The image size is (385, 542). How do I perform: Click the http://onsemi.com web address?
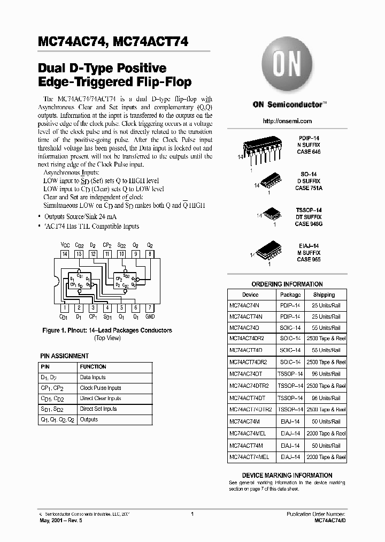tap(287, 122)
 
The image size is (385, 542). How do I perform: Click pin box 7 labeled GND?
tap(150, 308)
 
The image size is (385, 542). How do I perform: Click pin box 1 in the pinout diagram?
tap(65, 308)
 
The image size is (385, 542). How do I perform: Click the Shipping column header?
tap(324, 295)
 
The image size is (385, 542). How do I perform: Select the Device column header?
tap(250, 295)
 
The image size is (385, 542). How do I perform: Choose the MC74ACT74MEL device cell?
tap(249, 457)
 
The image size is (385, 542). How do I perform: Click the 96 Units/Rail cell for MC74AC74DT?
tap(326, 373)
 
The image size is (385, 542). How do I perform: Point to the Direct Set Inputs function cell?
tap(98, 409)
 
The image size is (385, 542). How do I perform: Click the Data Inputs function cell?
tap(93, 378)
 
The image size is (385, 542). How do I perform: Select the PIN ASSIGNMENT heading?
tap(65, 356)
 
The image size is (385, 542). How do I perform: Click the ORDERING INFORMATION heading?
tap(287, 284)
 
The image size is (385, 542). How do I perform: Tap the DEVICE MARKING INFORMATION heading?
tap(287, 475)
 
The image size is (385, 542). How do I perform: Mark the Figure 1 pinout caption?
tap(107, 330)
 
